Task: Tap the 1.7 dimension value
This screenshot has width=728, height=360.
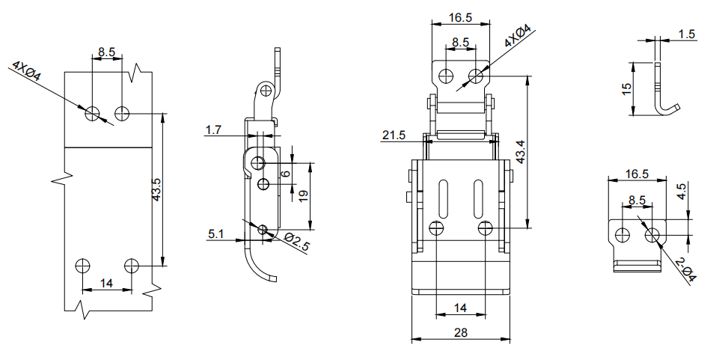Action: click(213, 131)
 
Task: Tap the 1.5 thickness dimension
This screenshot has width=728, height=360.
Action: click(687, 34)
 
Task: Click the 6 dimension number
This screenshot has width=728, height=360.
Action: click(284, 174)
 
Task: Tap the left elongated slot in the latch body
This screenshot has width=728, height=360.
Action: click(443, 199)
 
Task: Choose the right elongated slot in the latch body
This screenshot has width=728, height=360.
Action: click(477, 199)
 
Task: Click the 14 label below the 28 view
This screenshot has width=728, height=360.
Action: click(460, 308)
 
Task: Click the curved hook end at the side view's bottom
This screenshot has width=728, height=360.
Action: click(271, 278)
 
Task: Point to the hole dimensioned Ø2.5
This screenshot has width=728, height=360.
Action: click(263, 230)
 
